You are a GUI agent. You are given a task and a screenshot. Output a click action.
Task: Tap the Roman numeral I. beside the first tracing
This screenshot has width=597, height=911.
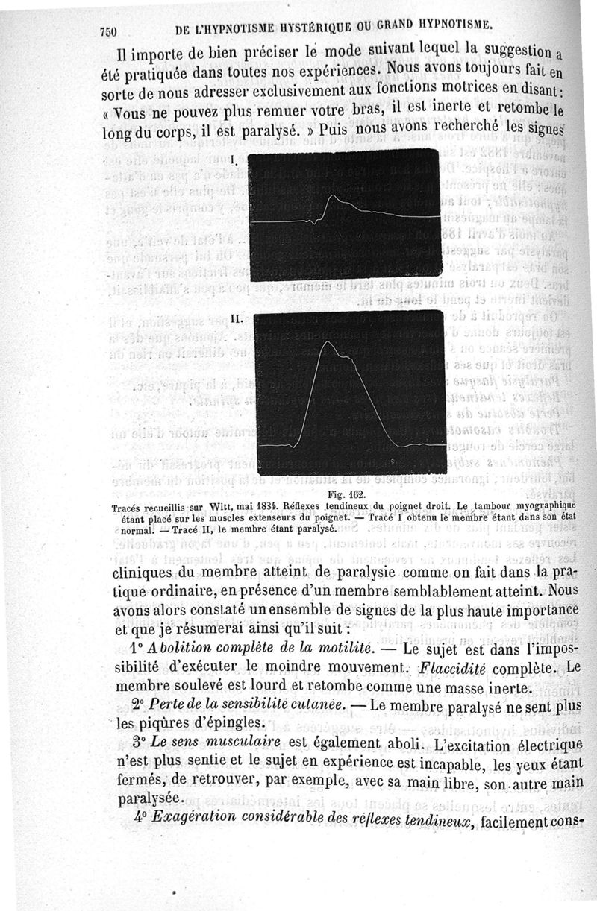pyautogui.click(x=234, y=160)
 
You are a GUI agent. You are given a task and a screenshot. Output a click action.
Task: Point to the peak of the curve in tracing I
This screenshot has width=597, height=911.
pyautogui.click(x=334, y=197)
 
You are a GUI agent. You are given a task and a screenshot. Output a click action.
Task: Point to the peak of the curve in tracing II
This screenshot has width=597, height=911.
pyautogui.click(x=327, y=342)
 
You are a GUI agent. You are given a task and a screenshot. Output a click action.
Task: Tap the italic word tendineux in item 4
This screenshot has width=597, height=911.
pyautogui.click(x=440, y=821)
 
